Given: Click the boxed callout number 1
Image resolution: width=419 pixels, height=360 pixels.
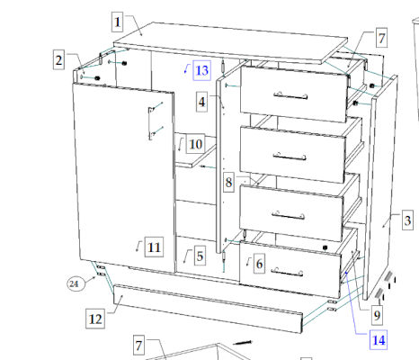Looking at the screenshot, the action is pyautogui.click(x=117, y=22).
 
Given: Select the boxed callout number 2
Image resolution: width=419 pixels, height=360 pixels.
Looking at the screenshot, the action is pyautogui.click(x=58, y=59).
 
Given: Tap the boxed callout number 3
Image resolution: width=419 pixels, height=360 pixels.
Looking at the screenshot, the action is pyautogui.click(x=407, y=220).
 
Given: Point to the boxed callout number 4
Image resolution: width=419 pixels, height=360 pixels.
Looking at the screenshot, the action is pyautogui.click(x=201, y=102).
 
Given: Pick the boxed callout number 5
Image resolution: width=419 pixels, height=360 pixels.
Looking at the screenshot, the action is pyautogui.click(x=200, y=256).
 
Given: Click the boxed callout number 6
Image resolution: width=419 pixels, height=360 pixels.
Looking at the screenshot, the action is pyautogui.click(x=259, y=264).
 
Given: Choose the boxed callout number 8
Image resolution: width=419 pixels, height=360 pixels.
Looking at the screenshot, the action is pyautogui.click(x=228, y=182).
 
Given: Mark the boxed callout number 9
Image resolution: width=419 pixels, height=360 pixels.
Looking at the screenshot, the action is pyautogui.click(x=377, y=315).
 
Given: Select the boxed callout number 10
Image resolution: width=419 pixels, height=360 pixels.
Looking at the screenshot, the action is pyautogui.click(x=196, y=144).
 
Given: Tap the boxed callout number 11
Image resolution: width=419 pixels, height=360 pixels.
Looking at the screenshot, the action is pyautogui.click(x=154, y=247).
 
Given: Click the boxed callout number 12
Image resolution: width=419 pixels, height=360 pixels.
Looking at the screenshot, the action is pyautogui.click(x=95, y=319).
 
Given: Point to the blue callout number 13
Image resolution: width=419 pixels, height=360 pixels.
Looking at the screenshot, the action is pyautogui.click(x=201, y=70).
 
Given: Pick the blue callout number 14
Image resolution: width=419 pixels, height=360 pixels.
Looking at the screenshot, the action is pyautogui.click(x=379, y=340).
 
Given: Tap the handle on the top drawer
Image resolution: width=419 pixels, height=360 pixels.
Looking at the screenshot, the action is pyautogui.click(x=290, y=96).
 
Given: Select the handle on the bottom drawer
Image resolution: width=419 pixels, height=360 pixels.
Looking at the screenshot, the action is pyautogui.click(x=287, y=272).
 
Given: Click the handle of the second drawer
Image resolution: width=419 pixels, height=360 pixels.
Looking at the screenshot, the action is pyautogui.click(x=290, y=157).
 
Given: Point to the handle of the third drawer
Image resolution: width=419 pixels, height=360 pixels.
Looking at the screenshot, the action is pyautogui.click(x=289, y=215).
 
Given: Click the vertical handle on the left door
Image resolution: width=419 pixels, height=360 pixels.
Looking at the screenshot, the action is pyautogui.click(x=151, y=123).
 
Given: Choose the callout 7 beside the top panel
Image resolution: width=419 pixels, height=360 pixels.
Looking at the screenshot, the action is pyautogui.click(x=381, y=38).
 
